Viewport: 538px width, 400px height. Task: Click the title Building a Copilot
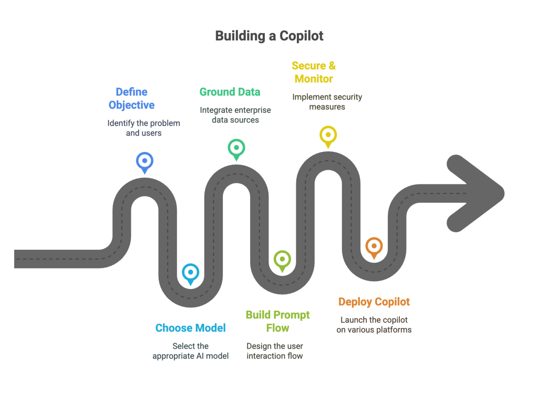[270, 36]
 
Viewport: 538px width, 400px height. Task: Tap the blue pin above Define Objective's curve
[144, 163]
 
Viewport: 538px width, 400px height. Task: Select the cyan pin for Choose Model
[190, 274]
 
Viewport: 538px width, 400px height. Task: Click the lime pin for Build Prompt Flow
[282, 261]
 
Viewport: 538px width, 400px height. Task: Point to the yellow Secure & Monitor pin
[328, 137]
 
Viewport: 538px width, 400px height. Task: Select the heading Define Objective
[131, 98]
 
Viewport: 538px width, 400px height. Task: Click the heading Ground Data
[230, 92]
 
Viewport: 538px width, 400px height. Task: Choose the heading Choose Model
[190, 328]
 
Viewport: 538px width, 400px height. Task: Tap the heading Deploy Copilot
[374, 302]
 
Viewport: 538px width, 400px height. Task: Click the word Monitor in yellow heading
[314, 79]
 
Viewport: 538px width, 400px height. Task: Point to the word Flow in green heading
[277, 328]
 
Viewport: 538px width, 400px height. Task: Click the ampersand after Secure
[332, 66]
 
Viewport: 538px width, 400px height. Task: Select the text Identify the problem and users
[144, 128]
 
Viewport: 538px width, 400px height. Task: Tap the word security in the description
[347, 97]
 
